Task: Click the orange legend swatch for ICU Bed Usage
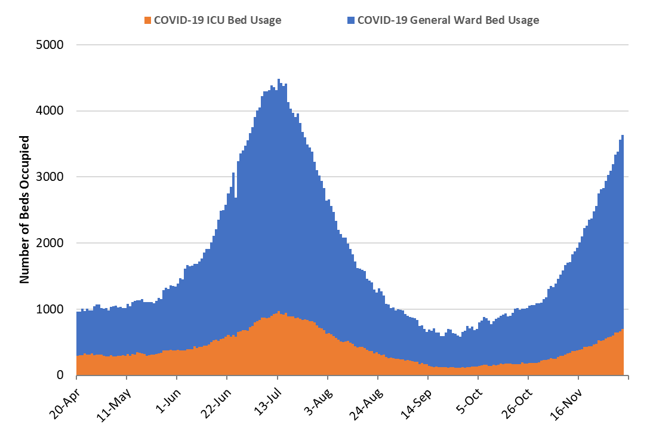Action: [x=148, y=21]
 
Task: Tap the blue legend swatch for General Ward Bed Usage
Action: [x=351, y=21]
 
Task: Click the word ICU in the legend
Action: [x=212, y=20]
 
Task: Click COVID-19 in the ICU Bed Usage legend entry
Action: [x=178, y=20]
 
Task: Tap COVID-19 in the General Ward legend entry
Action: [x=381, y=20]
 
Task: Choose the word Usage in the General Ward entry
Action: [x=522, y=20]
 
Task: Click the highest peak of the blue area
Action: [x=278, y=79]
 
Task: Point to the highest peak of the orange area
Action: [x=278, y=312]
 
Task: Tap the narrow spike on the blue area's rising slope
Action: [x=233, y=174]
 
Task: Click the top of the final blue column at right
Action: [x=623, y=136]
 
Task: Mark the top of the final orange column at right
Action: [x=623, y=329]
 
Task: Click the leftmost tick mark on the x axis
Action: [x=76, y=378]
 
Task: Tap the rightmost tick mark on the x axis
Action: [x=629, y=378]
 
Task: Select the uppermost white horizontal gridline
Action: [x=352, y=45]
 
